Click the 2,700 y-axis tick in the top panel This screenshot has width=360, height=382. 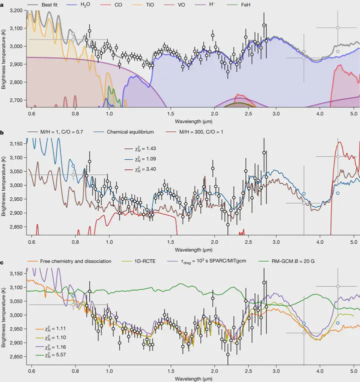click(16, 100)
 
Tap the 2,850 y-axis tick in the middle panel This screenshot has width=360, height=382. click(16, 227)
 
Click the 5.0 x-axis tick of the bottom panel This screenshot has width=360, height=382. click(353, 372)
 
